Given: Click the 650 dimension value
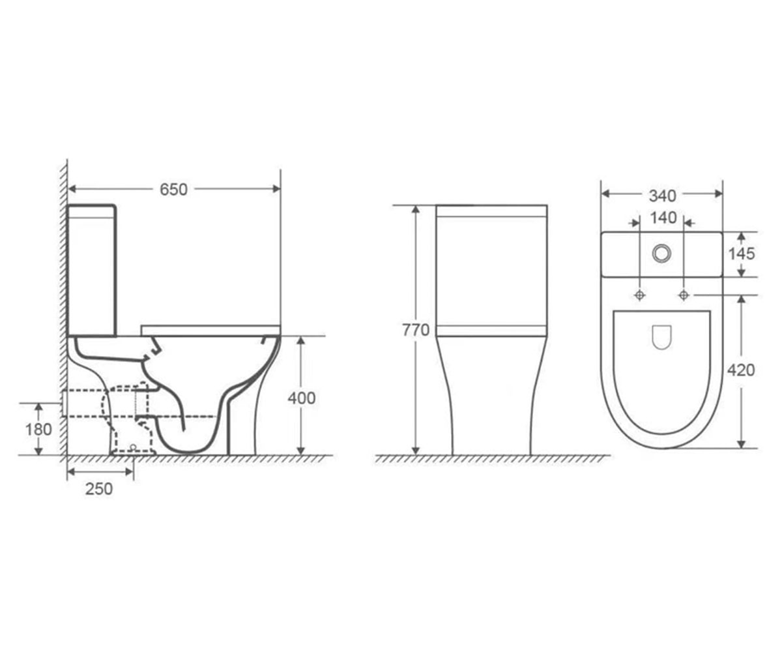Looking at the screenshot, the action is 173,190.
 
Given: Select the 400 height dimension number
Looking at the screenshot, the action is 302,398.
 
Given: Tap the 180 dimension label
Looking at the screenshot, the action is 38,430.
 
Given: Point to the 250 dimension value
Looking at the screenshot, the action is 99,488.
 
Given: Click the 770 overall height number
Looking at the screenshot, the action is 416,330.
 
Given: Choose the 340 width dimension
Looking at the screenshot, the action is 663,196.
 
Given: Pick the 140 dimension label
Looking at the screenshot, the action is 663,218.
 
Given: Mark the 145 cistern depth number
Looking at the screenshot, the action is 742,254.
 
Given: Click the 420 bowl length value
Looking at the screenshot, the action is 741,370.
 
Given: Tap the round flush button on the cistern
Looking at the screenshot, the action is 661,254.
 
